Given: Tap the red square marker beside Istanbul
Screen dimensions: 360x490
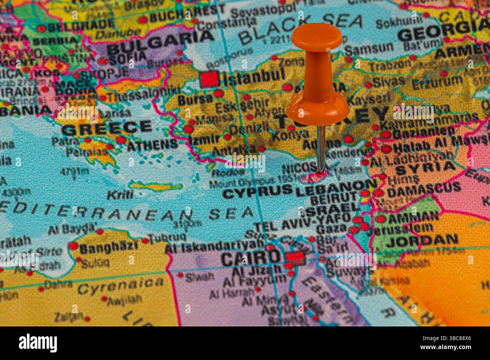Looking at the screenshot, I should pos(210,79).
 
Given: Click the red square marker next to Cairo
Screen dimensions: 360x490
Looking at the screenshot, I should pos(295,258).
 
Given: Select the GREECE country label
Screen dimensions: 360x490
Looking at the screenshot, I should pos(107,128).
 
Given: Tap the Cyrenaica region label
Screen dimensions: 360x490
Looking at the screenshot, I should pos(121,287).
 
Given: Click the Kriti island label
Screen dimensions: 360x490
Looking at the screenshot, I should pos(120,194).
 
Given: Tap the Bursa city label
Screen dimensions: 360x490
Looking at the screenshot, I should pos(195,99).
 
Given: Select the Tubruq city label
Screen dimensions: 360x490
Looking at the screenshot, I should pos(167,238).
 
